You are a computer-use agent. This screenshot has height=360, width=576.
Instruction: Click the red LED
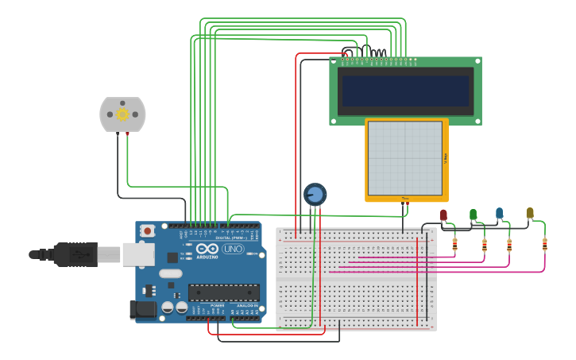[x=443, y=215]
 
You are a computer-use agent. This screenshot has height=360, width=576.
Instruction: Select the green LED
[x=473, y=214]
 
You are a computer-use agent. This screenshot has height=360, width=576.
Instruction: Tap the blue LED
[x=499, y=212]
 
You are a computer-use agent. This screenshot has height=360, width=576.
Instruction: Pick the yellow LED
[x=530, y=212]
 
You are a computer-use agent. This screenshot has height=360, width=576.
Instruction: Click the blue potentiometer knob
[x=315, y=194]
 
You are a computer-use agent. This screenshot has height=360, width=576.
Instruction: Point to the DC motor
[x=122, y=114]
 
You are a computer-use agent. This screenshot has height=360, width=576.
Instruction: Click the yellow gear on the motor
[x=122, y=114]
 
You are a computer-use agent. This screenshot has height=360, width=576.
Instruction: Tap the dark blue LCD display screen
[x=405, y=90]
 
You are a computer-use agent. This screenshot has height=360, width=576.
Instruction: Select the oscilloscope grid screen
[x=405, y=158]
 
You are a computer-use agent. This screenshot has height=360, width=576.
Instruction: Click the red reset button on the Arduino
[x=147, y=230]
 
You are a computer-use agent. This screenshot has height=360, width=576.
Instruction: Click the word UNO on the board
[x=233, y=249]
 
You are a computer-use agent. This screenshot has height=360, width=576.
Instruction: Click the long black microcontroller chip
[x=223, y=292]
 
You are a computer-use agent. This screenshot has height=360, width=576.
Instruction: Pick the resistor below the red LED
[x=454, y=245]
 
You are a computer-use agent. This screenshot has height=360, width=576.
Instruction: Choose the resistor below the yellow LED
[x=544, y=244]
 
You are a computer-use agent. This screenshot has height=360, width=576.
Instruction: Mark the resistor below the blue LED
[x=509, y=245]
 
